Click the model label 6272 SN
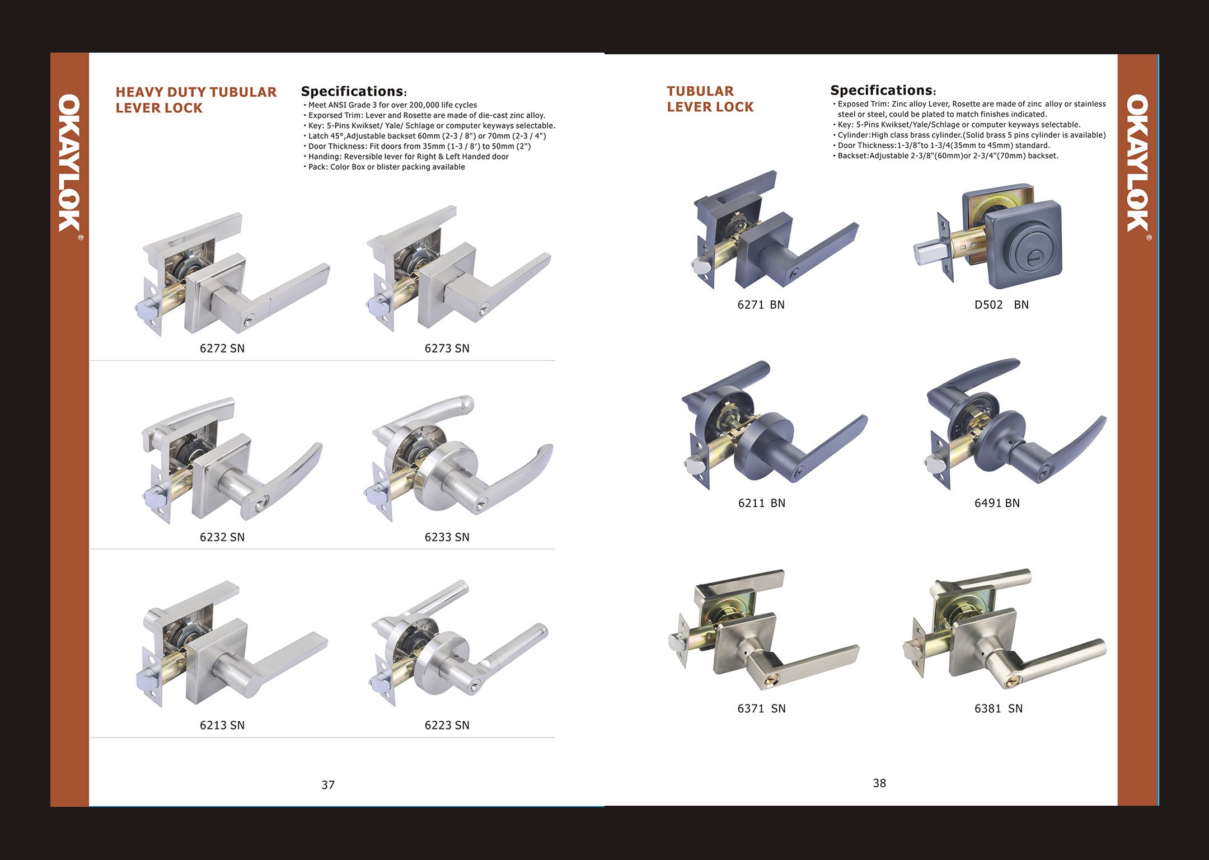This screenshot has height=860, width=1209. (222, 348)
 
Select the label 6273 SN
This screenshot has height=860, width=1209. (447, 348)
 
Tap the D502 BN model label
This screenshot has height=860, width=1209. (1001, 305)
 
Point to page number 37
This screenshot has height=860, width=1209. (328, 785)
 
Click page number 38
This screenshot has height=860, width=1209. (879, 783)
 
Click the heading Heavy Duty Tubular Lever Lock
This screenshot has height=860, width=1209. (196, 100)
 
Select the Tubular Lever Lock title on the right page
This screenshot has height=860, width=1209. (710, 98)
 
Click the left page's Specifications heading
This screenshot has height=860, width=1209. (353, 91)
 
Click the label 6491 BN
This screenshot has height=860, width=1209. (997, 503)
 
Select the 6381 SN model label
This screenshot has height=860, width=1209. (998, 708)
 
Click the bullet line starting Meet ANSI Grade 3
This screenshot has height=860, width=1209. (392, 105)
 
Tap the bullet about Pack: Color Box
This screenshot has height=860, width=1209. (386, 167)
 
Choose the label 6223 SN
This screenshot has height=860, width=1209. (447, 725)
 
